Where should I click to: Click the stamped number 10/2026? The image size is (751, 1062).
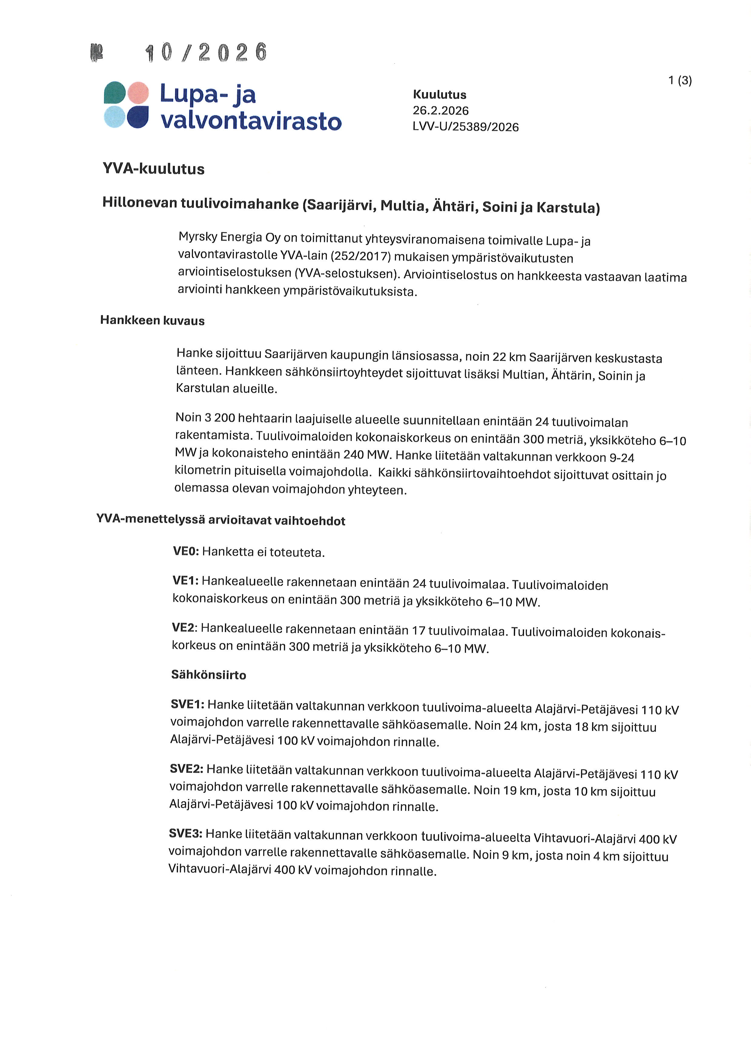coord(206,53)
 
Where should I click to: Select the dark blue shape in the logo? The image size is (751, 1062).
coord(138,117)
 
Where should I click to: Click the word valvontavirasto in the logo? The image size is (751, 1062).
coord(251,121)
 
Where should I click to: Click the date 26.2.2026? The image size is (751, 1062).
coord(440,111)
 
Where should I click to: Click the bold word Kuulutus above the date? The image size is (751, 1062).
coord(439,95)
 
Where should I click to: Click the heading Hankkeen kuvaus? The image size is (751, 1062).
coord(152,321)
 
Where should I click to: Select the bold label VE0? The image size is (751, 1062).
coord(185,551)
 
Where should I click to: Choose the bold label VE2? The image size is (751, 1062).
coord(184,627)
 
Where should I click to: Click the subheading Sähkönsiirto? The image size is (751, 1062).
coord(209,674)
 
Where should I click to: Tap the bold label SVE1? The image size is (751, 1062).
coord(187,704)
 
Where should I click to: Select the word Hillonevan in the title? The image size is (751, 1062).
coord(139,203)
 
